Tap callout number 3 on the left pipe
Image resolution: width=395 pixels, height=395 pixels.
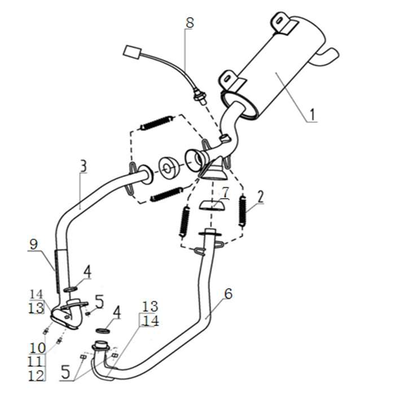tap(83, 166)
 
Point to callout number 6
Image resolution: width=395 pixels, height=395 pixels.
tap(228, 293)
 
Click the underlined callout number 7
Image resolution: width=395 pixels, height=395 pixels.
tap(225, 192)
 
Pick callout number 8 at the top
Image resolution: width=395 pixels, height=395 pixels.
tap(190, 23)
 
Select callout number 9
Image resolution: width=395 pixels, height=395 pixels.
tap(34, 244)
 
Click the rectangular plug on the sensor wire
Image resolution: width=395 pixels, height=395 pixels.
tap(133, 52)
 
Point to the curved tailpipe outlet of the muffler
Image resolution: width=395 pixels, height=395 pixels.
tap(328, 56)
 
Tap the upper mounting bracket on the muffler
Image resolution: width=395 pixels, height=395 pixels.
tap(282, 23)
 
